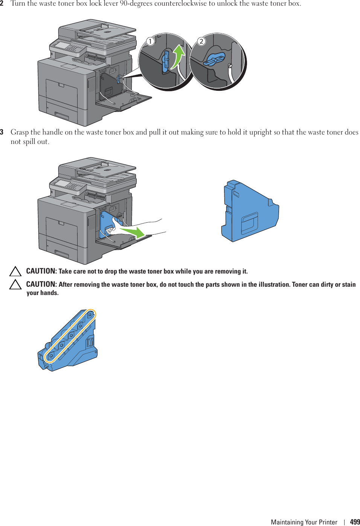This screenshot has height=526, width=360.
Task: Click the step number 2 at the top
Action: (2, 3)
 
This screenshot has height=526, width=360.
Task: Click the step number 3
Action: (2, 132)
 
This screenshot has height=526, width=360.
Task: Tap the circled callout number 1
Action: (150, 41)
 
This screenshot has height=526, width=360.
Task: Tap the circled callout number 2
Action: (201, 41)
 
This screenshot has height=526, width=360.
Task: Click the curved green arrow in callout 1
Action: (178, 57)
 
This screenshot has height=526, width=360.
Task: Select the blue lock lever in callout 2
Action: (215, 60)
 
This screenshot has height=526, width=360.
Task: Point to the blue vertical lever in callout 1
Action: (166, 61)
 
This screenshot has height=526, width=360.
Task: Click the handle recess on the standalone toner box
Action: (249, 223)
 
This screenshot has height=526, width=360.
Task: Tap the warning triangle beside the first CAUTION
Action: (15, 271)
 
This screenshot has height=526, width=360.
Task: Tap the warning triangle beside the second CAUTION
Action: (15, 284)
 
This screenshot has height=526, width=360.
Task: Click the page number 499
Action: (355, 522)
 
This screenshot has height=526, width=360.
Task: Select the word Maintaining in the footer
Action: (287, 522)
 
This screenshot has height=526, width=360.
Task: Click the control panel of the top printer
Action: (68, 47)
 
